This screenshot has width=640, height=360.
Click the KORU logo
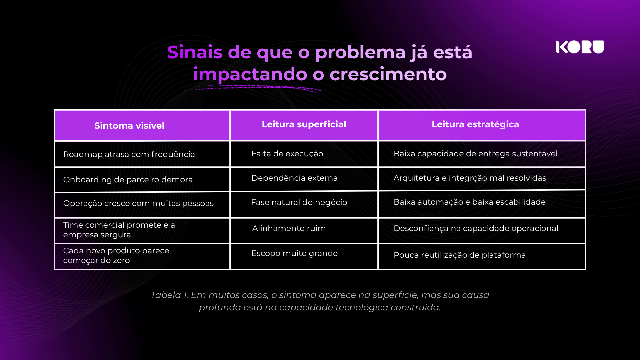pos(580,47)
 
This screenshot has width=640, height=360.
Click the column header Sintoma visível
pos(129,126)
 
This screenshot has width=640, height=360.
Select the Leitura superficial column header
pos(304,124)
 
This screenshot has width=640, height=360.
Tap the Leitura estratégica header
pos(475,124)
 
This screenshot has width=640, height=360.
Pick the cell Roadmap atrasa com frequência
pos(129,154)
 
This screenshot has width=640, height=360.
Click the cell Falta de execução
pos(287,154)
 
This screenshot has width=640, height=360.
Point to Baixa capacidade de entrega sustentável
pos(475,154)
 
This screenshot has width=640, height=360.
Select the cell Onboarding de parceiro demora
pos(128,180)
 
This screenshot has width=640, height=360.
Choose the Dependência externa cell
pos(294,178)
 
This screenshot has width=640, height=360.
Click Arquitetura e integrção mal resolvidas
pos(470,178)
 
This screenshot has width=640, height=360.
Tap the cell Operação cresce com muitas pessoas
pos(138,203)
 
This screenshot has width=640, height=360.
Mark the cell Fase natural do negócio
pos(299,202)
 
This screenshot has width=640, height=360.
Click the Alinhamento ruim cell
pos(289,228)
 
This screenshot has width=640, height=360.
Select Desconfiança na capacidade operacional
pos(476,228)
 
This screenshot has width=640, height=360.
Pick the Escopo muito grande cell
pos(294,253)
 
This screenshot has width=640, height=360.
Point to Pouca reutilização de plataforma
pos(459,255)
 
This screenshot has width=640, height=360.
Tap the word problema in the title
pos(360,53)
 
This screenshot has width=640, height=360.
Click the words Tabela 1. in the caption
pos(169,295)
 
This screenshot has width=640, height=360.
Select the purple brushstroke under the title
pos(248,88)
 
